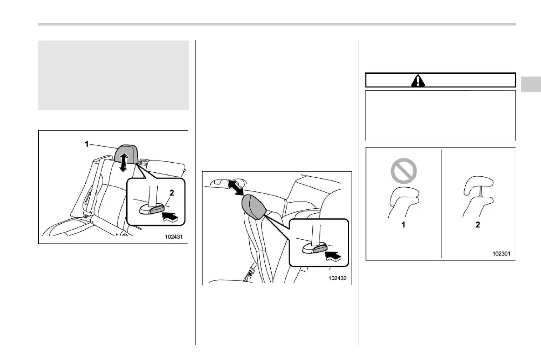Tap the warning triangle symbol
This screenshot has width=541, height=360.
[417, 80]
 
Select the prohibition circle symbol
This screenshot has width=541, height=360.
[403, 171]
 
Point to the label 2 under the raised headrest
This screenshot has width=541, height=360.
[478, 225]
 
